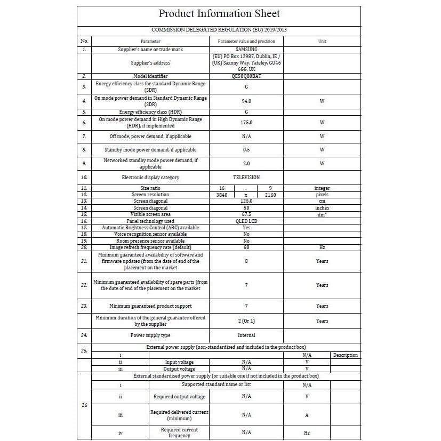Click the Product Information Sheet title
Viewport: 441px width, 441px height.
coord(219,14)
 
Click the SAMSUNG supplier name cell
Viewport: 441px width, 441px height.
coord(246,49)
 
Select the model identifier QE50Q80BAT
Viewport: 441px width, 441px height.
coord(246,76)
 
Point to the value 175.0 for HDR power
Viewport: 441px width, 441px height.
coord(246,122)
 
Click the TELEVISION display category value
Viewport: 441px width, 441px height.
coord(246,177)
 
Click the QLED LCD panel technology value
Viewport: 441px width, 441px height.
coord(246,221)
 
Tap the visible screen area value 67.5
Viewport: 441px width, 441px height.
coord(246,214)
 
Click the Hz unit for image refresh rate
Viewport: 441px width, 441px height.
coord(322,247)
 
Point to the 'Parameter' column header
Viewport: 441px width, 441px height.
coord(150,41)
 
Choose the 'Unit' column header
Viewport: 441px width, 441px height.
coord(322,41)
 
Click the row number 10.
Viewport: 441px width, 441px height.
coord(84,177)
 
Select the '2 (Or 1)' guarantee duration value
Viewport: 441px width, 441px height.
coord(246,321)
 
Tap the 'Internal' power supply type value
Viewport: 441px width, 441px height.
coord(246,335)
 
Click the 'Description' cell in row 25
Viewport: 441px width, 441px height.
coord(345,355)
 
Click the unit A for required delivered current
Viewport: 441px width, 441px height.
coord(307,415)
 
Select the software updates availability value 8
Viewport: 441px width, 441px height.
coord(246,261)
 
